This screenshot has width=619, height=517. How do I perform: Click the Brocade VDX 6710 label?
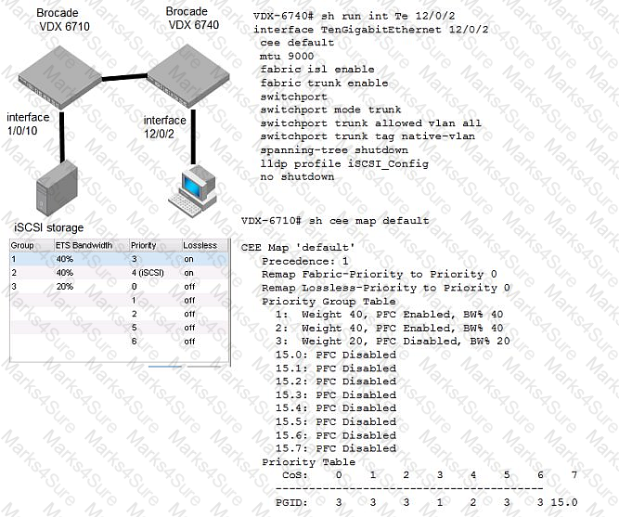coord(63,19)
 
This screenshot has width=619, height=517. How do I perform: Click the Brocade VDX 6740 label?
coord(193,19)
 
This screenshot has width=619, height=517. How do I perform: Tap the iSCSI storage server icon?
coord(57,188)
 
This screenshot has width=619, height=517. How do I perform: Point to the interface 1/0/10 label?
coord(28,123)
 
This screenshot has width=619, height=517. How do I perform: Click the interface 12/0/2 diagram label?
coord(164,127)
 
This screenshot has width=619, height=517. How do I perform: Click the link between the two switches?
coord(124,77)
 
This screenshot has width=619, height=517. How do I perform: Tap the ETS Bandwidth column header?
coord(84,246)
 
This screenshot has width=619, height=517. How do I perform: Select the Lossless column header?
coord(200,245)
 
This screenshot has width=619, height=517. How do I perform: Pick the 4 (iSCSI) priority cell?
coord(148,273)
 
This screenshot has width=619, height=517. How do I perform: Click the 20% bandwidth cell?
coord(65,286)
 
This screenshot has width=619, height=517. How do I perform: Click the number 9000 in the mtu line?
coord(301,56)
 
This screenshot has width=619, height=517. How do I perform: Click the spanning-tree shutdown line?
coord(334,150)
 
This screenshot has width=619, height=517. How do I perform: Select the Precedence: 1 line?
coord(305,261)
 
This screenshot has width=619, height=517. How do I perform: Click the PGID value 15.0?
coord(564,502)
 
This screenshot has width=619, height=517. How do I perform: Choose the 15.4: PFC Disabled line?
coord(336,408)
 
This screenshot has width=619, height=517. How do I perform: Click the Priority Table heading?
coord(308,461)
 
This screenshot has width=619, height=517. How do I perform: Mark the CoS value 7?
coord(574,474)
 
